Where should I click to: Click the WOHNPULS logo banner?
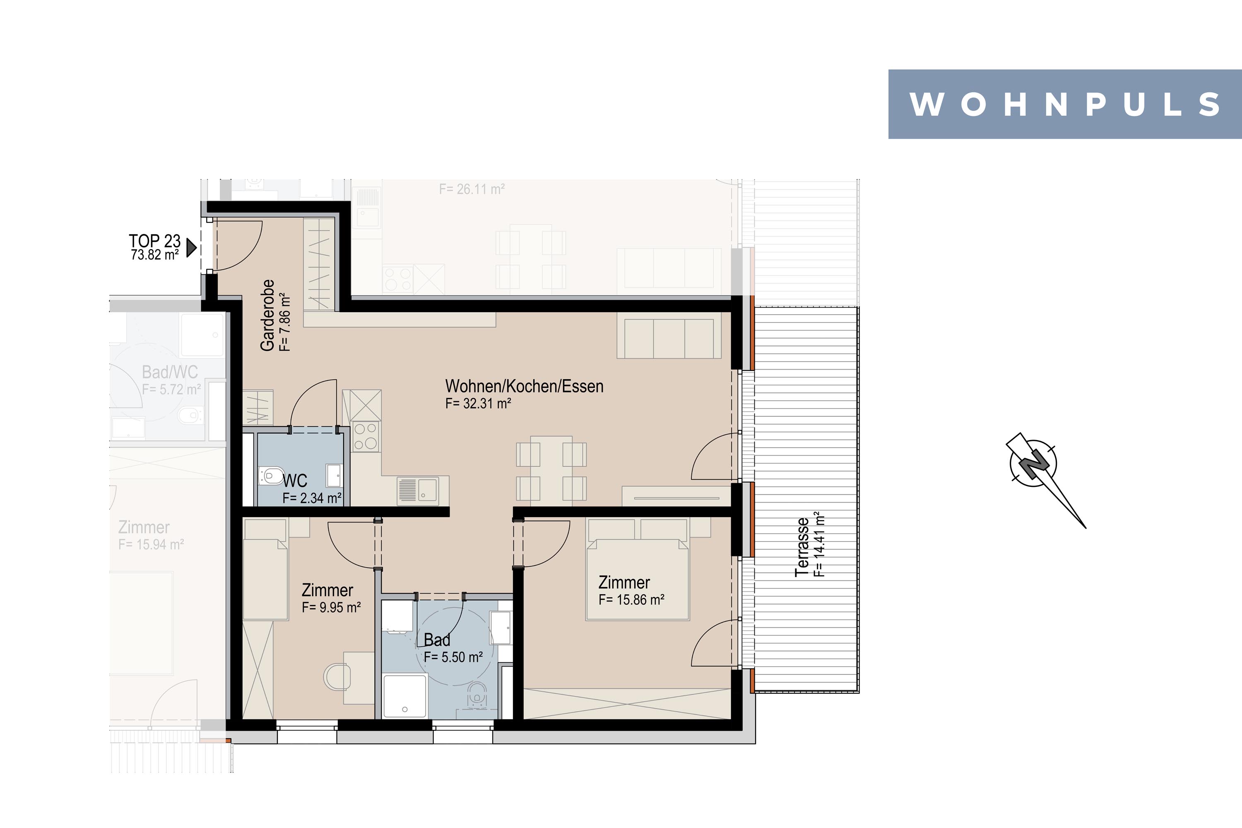click(1064, 104)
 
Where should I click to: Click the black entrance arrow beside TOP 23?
click(192, 248)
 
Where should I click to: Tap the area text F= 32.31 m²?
click(478, 403)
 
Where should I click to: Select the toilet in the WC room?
click(270, 475)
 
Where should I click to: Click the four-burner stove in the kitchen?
click(366, 436)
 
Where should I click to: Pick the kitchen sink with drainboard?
click(418, 489)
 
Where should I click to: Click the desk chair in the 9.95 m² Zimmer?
click(337, 676)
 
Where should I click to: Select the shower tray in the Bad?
click(404, 696)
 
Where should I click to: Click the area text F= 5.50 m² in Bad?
click(453, 657)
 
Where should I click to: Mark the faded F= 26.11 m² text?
click(472, 189)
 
